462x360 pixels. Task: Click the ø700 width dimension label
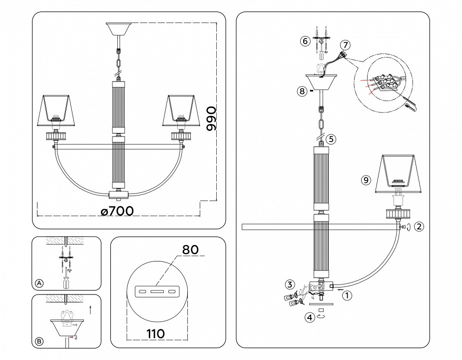pyautogui.click(x=117, y=211)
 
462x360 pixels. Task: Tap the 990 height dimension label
pyautogui.click(x=211, y=118)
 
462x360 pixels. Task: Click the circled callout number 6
pyautogui.click(x=305, y=41)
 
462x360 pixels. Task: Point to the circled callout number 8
pyautogui.click(x=301, y=91)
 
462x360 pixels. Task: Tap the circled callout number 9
pyautogui.click(x=366, y=180)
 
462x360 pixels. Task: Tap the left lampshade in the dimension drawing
pyautogui.click(x=56, y=108)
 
